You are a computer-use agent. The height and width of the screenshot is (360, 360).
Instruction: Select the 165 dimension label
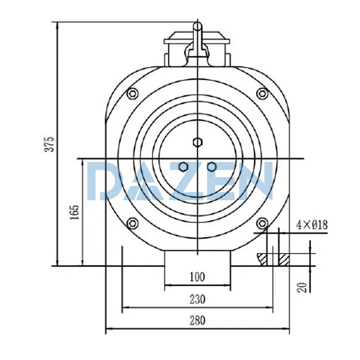coord(75,211)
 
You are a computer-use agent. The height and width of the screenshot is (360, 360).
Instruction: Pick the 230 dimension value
coord(198,299)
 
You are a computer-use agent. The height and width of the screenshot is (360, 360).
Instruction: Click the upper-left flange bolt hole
coord(131,94)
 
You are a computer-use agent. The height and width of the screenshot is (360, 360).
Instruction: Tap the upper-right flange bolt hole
coord(262,94)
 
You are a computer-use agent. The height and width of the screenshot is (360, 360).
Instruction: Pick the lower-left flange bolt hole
coord(132,223)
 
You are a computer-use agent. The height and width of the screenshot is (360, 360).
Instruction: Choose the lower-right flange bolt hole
coord(262,223)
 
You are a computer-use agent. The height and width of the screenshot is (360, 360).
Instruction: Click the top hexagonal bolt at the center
coord(197,142)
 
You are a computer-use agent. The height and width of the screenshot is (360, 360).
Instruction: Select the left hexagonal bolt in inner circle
coord(183,167)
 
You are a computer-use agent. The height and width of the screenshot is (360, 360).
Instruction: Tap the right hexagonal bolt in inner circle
coord(211,167)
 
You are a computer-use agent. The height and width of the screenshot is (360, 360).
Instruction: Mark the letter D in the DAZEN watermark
coord(102,181)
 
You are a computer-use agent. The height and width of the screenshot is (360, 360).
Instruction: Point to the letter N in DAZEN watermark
coord(257,181)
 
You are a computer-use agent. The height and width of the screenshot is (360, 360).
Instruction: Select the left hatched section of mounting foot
coord(262,258)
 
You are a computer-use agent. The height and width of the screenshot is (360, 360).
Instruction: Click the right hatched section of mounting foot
coord(284,259)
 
